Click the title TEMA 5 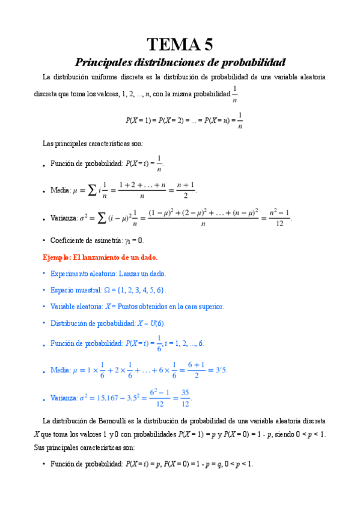(x=180, y=45)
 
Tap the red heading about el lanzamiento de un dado (x=100, y=257)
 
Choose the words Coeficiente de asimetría (x=85, y=240)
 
